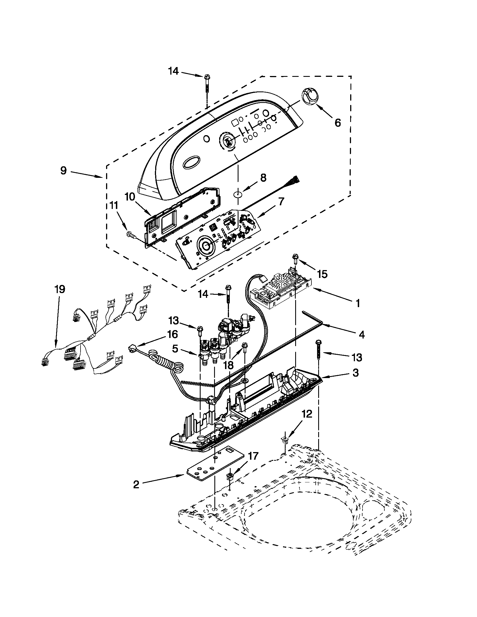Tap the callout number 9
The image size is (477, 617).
(64, 171)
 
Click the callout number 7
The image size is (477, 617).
(281, 202)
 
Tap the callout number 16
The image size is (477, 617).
(172, 334)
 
